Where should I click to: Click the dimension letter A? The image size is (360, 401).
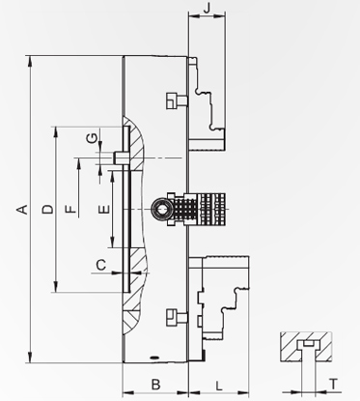(x=22, y=209)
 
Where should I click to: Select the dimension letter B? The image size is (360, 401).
(x=155, y=385)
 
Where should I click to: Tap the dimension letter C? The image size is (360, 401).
(x=101, y=265)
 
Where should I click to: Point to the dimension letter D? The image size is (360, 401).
(x=48, y=209)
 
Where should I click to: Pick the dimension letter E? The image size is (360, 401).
(x=104, y=210)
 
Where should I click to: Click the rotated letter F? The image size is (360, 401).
(x=70, y=209)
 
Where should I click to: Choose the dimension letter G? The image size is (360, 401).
(x=92, y=138)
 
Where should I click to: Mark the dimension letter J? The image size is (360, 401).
(x=207, y=8)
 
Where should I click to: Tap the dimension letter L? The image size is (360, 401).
(x=219, y=386)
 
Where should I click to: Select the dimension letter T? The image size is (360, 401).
(x=334, y=384)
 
